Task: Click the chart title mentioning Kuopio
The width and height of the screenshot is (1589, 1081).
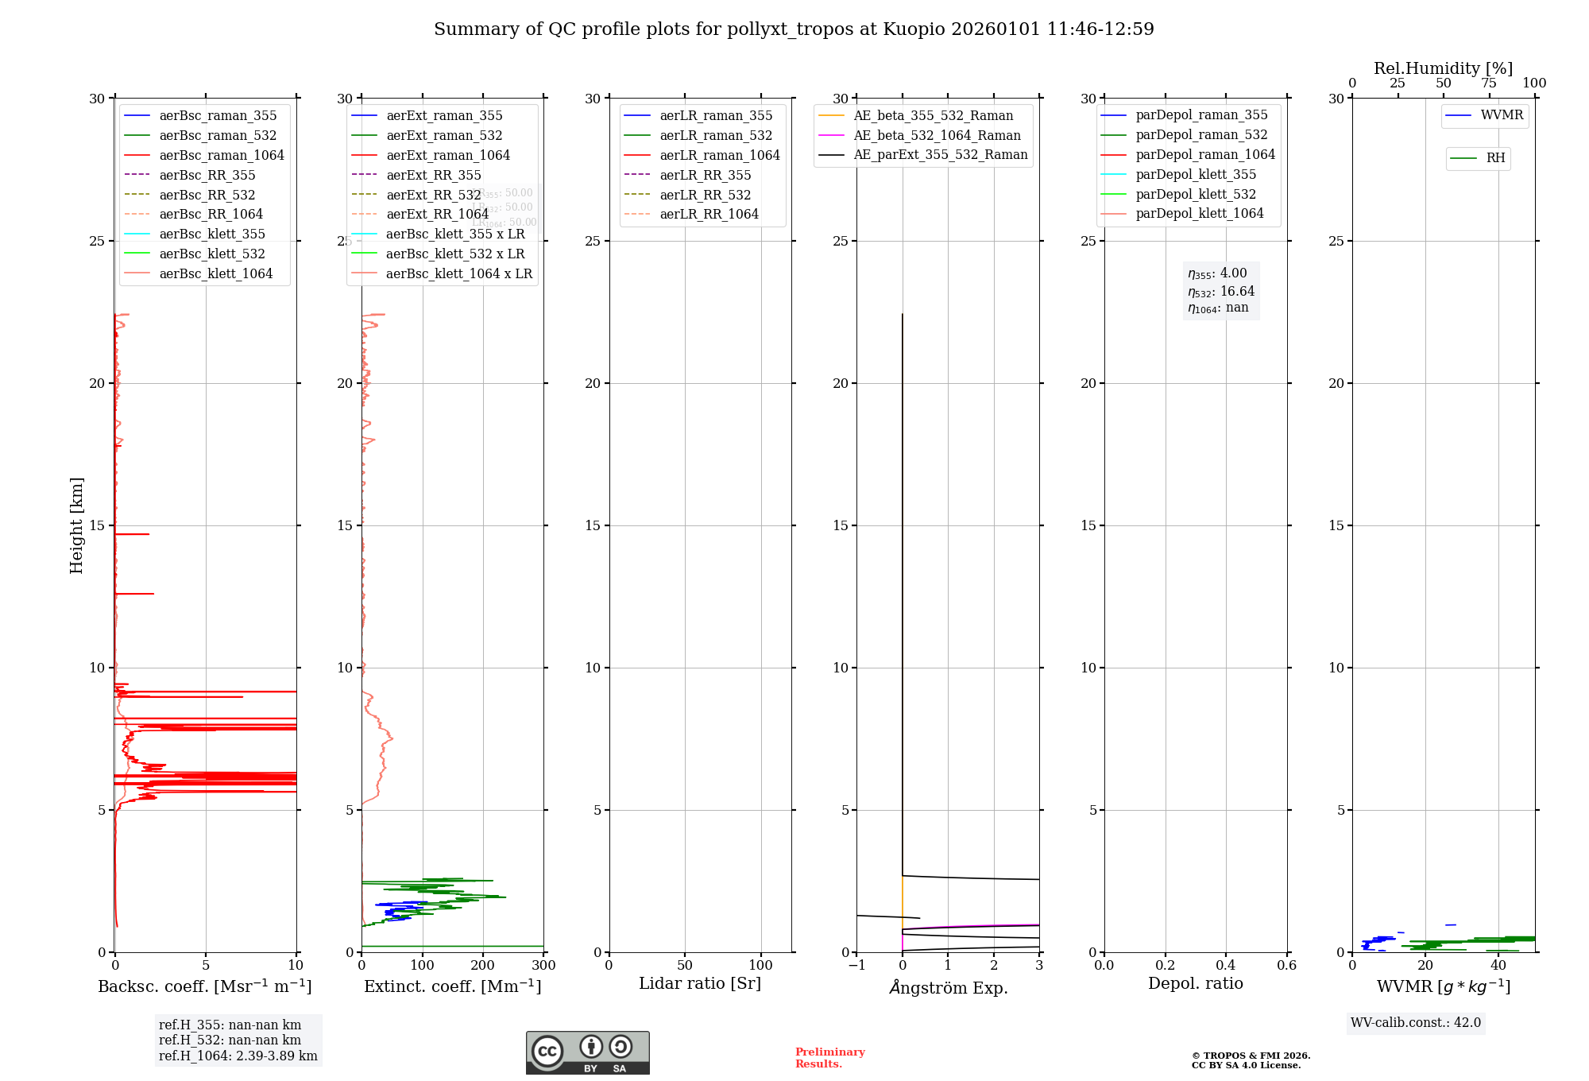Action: (x=794, y=29)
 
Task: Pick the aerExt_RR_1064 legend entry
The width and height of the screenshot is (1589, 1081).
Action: (x=437, y=214)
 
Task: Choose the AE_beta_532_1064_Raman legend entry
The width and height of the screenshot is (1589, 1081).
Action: (x=937, y=135)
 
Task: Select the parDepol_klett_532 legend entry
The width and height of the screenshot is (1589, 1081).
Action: (x=1195, y=194)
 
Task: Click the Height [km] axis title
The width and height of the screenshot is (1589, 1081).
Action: (x=76, y=525)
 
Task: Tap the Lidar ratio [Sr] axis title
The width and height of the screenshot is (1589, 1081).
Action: (x=700, y=983)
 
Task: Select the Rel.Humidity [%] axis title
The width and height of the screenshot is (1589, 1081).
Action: (x=1443, y=68)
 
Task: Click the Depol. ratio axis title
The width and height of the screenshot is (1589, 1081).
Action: (x=1195, y=983)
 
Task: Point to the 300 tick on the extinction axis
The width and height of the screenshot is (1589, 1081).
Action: (x=543, y=966)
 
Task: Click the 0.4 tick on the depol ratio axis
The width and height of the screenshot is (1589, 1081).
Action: (x=1226, y=966)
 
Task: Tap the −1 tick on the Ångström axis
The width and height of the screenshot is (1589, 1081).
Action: (x=856, y=966)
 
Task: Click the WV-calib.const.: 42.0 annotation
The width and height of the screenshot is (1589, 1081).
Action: (x=1416, y=1023)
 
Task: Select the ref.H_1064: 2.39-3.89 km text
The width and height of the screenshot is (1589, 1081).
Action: (x=238, y=1056)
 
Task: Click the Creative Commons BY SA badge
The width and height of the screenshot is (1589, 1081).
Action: (x=587, y=1052)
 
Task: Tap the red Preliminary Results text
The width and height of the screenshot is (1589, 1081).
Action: (x=829, y=1058)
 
